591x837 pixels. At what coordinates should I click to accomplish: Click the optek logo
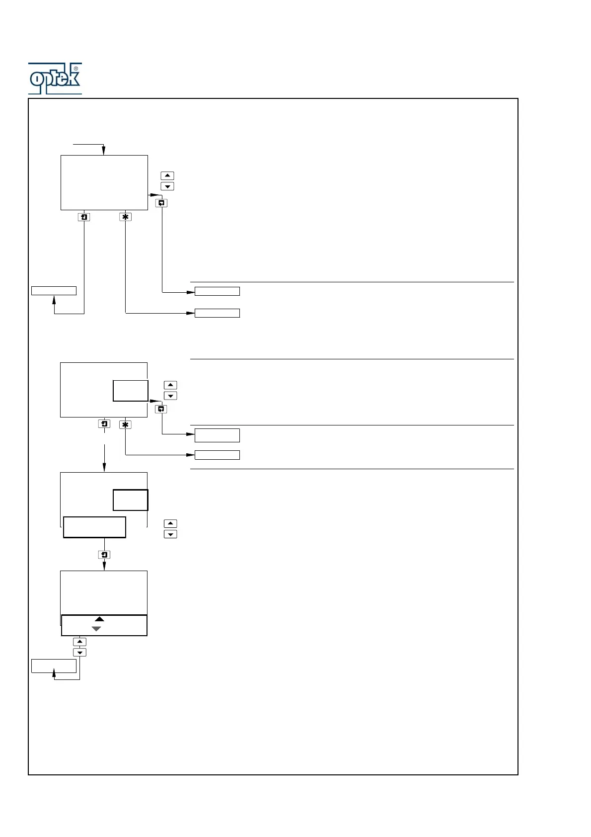coord(55,79)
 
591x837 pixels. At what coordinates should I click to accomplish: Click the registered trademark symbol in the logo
coord(76,69)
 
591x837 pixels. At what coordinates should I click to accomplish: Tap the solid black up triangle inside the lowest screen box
coord(99,619)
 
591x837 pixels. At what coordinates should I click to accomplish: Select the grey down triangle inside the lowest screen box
coord(96,629)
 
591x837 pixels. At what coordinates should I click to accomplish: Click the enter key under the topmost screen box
coord(84,217)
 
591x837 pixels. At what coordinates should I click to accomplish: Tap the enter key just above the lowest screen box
coord(104,555)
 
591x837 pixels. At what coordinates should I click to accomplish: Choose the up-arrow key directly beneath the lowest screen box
coord(79,642)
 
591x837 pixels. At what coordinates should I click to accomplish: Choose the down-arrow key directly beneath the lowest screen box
coord(79,653)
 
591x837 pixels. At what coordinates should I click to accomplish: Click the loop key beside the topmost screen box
coord(161,203)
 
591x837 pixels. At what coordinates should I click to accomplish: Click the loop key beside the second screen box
coord(161,409)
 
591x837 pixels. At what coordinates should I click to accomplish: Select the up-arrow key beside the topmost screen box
coord(168,176)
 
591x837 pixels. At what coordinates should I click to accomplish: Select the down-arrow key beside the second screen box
coord(170,396)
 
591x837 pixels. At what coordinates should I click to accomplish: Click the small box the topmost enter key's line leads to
coord(54,291)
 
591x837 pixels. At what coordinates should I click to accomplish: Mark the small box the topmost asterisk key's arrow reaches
coord(217,313)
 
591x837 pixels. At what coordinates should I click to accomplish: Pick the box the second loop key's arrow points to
coord(217,435)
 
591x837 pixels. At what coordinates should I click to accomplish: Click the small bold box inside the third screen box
coord(131,500)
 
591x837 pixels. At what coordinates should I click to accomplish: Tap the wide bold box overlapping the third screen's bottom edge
coord(94,527)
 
